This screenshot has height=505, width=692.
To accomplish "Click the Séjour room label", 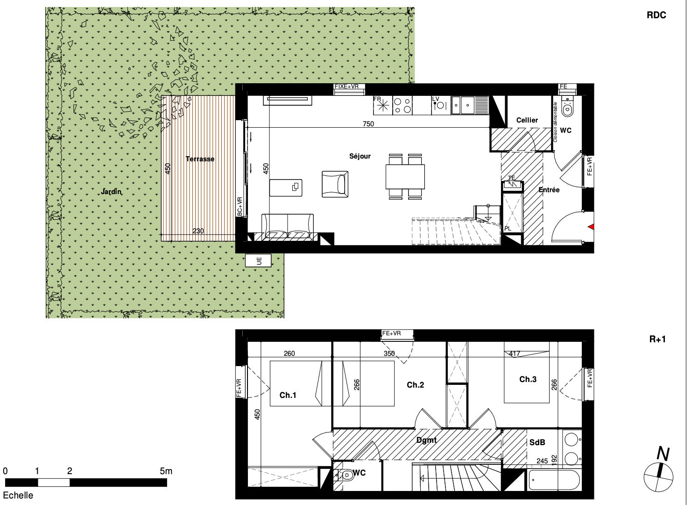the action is click(x=360, y=156).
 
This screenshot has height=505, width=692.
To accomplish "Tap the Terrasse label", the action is click(x=200, y=159).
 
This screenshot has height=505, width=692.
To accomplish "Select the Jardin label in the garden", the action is click(x=111, y=192).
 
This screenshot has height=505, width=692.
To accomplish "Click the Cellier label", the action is click(x=527, y=120).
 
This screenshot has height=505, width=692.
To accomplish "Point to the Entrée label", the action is click(x=549, y=190).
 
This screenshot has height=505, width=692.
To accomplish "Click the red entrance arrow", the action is click(x=591, y=227).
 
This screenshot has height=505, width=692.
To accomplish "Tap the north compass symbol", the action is click(x=658, y=471).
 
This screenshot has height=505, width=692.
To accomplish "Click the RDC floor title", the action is click(x=657, y=15).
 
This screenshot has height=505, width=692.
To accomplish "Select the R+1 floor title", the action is click(x=657, y=339).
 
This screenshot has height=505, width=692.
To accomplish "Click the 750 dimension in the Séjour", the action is click(x=368, y=124).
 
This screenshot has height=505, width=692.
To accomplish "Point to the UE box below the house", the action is click(x=258, y=260).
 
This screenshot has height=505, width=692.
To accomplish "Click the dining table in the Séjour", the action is click(x=405, y=177).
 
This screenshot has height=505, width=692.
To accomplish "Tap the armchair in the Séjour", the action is click(x=335, y=184).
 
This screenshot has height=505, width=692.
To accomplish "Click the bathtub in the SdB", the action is click(x=555, y=480).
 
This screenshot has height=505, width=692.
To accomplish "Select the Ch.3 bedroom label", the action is click(x=528, y=379).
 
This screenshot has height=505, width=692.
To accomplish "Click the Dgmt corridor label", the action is click(x=426, y=440).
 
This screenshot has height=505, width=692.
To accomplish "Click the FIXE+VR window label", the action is click(x=346, y=87).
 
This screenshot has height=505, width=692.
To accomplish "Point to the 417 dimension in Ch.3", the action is click(x=515, y=353).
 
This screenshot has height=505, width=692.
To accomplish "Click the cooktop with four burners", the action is click(x=402, y=106).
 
